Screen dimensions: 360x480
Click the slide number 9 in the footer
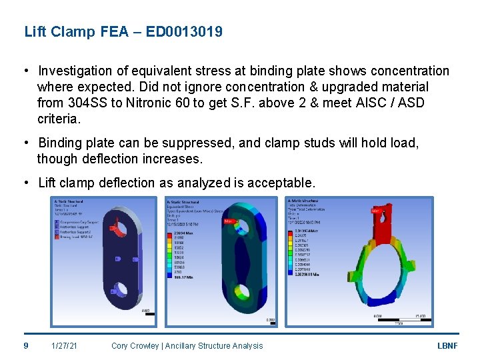click(26, 345)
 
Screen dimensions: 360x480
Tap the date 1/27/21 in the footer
click(64, 345)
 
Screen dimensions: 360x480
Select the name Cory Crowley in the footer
click(137, 345)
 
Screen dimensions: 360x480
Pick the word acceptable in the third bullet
click(281, 183)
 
